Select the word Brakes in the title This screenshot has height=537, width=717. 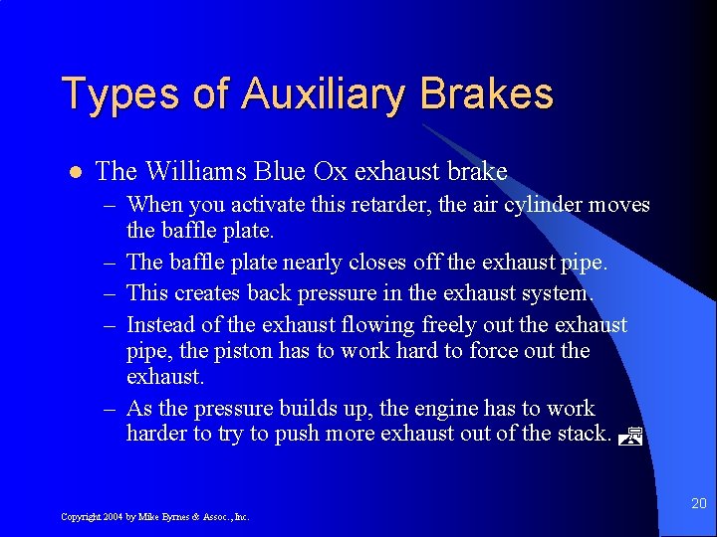(x=486, y=94)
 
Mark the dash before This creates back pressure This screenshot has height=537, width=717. (x=108, y=294)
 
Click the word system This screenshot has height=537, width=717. (x=557, y=294)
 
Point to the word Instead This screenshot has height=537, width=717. (x=161, y=325)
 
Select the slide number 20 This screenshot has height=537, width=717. (x=697, y=504)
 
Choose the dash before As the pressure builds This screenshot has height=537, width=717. (x=108, y=410)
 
